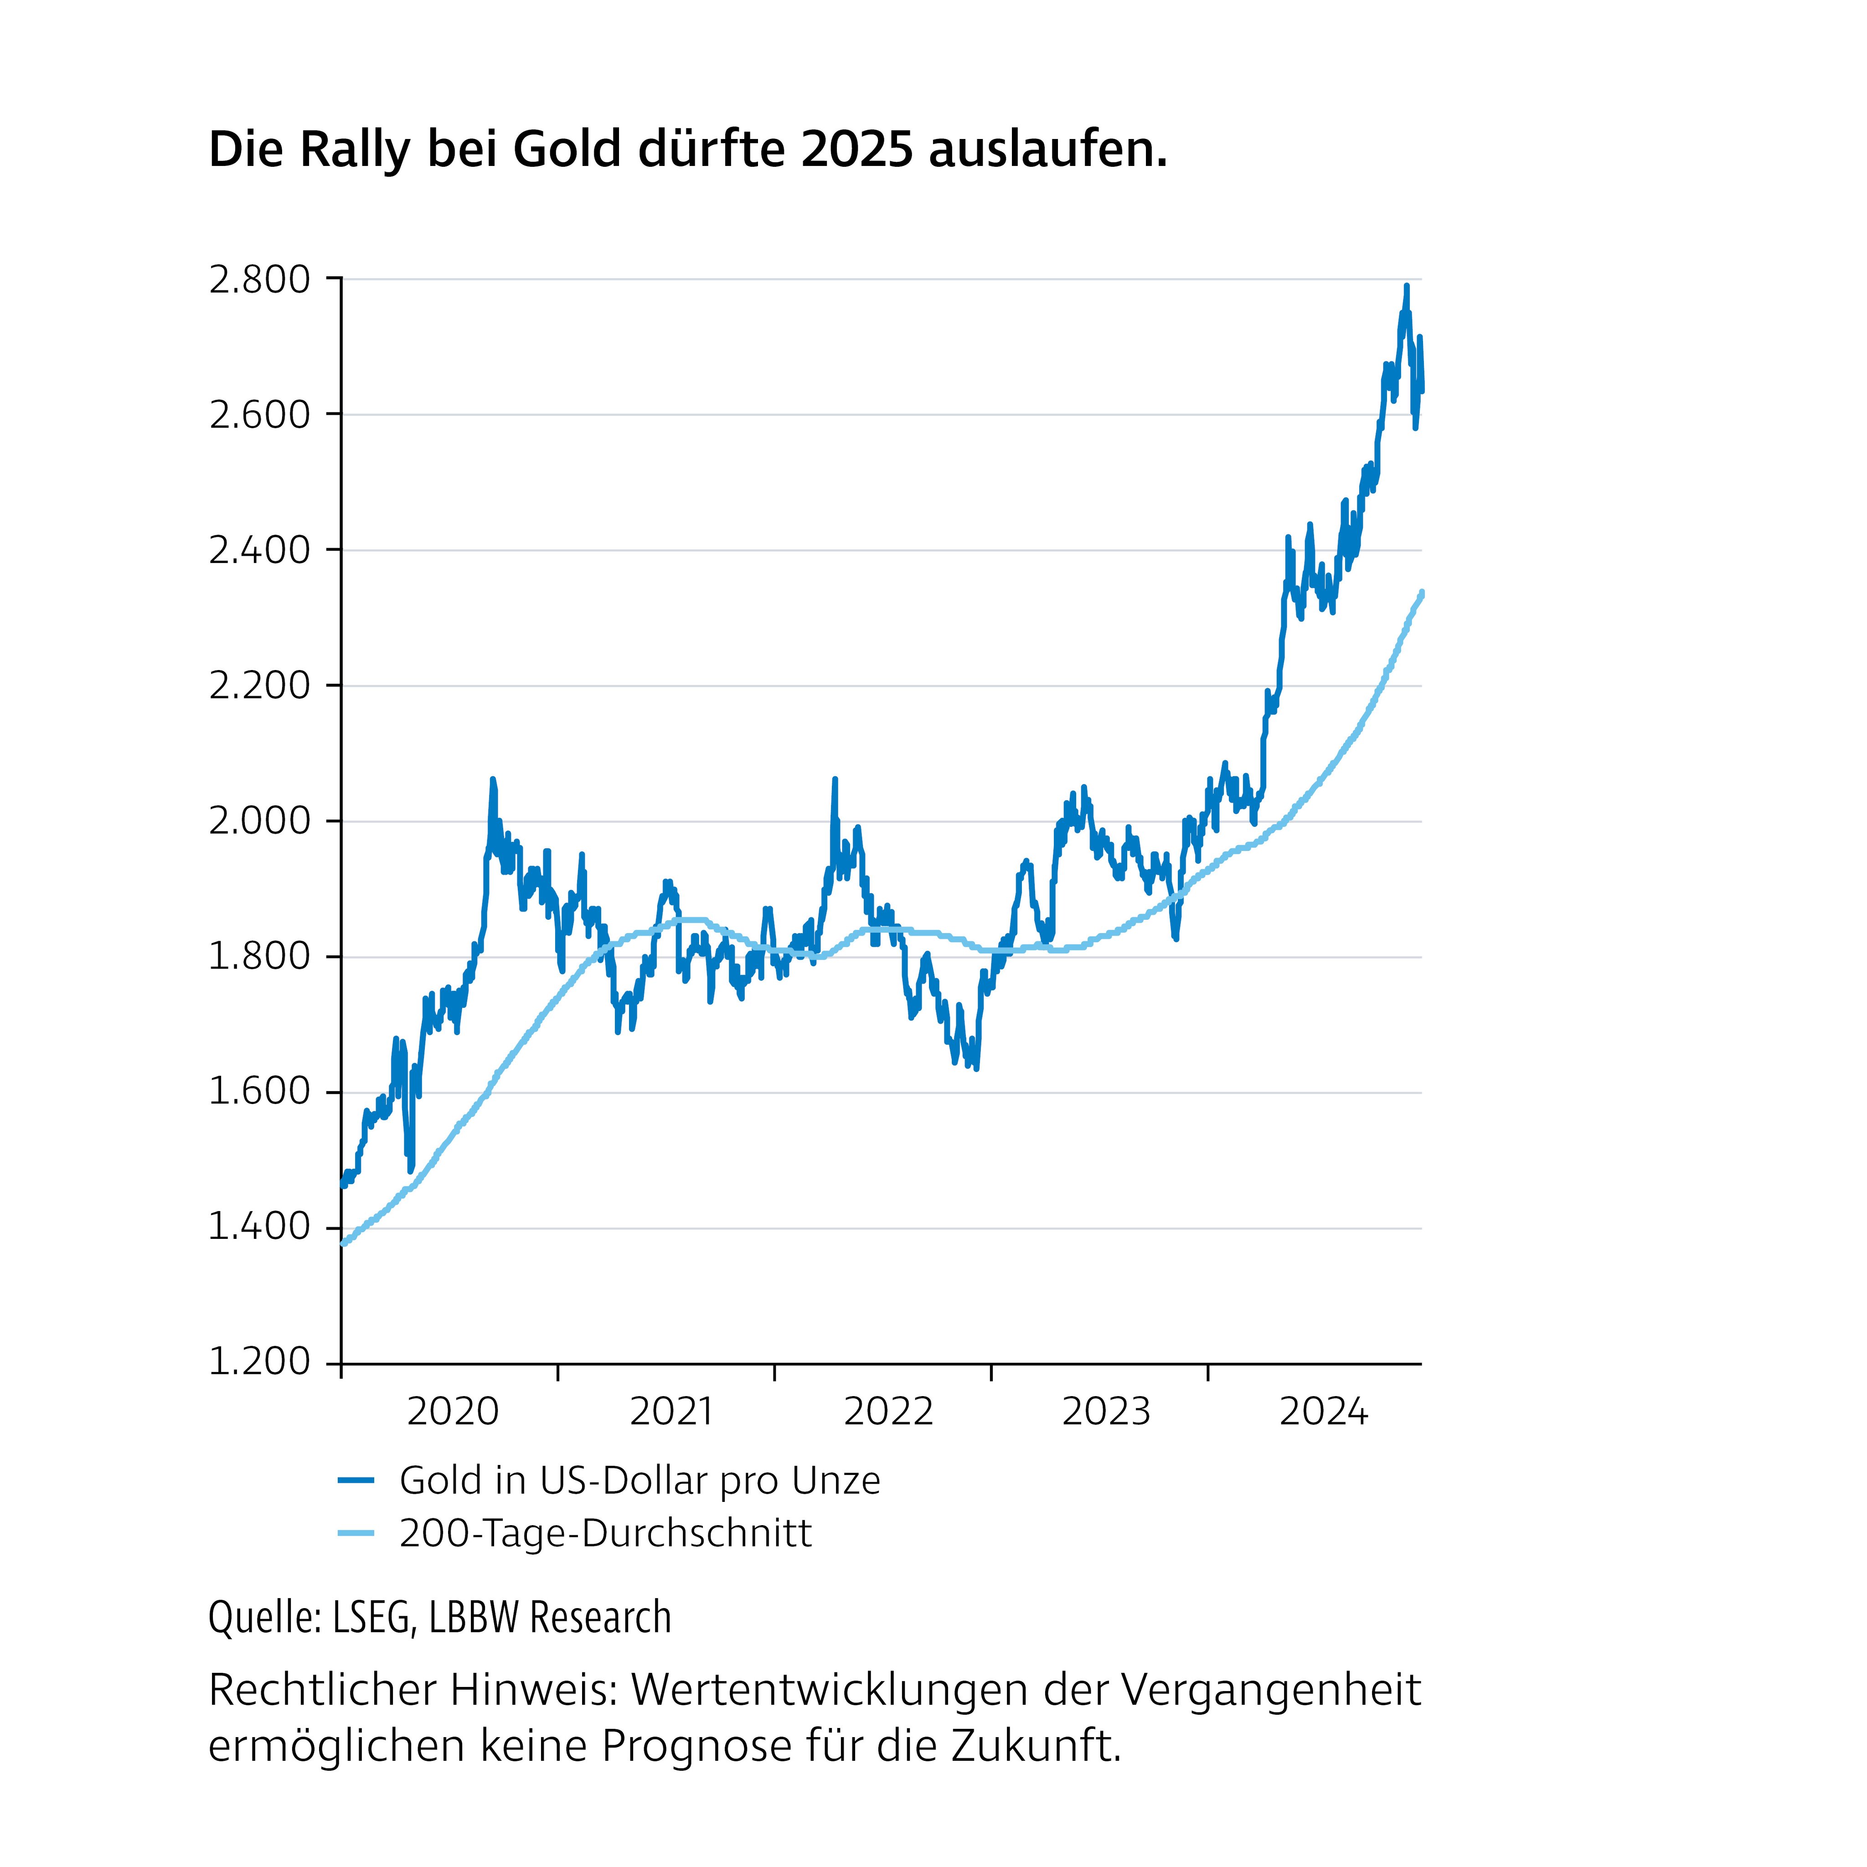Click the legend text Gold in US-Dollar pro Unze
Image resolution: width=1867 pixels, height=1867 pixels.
pos(640,1480)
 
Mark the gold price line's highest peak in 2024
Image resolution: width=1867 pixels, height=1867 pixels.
pos(1406,286)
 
